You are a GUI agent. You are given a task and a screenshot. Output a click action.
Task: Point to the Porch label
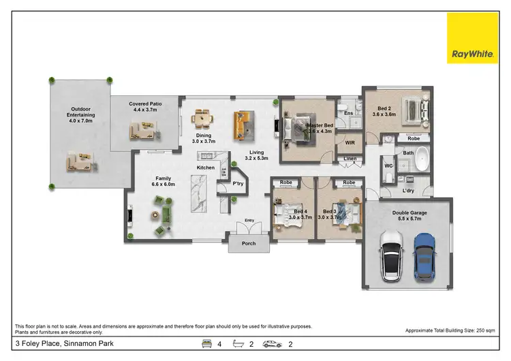tap(249, 243)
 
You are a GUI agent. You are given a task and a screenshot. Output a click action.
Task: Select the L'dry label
tap(409, 191)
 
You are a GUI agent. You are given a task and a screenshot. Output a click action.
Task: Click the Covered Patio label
tap(143, 106)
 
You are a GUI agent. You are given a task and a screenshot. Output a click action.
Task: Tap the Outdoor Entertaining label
tap(82, 115)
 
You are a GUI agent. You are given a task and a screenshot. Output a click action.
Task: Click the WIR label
tap(350, 143)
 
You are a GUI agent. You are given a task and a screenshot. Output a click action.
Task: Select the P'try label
tap(238, 183)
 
